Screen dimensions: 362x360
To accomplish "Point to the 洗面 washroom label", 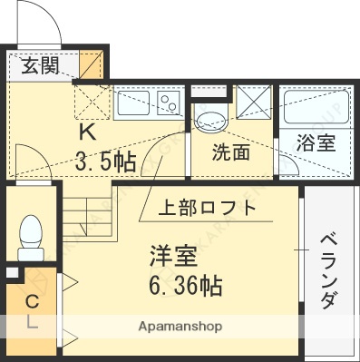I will pos(230,152).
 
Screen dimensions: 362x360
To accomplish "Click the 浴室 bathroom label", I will pos(316,143).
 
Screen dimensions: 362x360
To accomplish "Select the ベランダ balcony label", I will pos(329,270).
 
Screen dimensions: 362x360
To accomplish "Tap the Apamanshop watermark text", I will pos(182,325).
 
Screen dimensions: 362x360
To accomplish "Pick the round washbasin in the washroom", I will pos(211,122).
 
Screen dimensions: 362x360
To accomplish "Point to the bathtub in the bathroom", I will pos(316,108).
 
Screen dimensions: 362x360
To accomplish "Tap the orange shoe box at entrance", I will pos(92,65).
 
